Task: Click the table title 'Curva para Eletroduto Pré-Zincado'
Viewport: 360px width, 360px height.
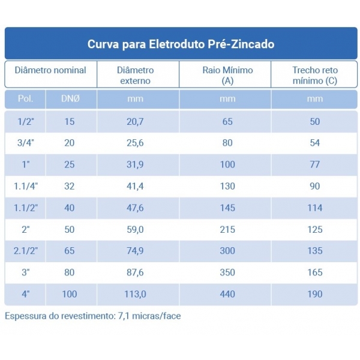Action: click(181, 44)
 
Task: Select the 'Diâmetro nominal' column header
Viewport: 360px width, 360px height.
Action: click(50, 70)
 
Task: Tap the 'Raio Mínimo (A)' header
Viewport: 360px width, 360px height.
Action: click(227, 75)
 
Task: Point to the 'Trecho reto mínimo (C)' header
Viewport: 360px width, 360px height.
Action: click(314, 75)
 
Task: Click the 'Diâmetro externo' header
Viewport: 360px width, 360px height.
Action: click(135, 75)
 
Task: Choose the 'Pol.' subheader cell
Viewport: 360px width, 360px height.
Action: click(26, 99)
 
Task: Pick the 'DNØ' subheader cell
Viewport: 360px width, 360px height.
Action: click(70, 99)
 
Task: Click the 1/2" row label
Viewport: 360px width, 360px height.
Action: click(26, 121)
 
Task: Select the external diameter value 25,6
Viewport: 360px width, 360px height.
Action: click(135, 143)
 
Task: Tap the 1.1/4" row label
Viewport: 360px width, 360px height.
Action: click(26, 186)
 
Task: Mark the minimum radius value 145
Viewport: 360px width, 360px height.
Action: click(227, 208)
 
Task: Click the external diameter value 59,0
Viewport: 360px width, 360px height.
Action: click(135, 229)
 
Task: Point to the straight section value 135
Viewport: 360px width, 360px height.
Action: click(314, 251)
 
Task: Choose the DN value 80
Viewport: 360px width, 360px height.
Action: click(70, 272)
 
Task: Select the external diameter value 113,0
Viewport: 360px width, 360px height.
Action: click(135, 294)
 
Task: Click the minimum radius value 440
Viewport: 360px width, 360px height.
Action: click(227, 294)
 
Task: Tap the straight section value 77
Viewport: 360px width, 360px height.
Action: click(314, 164)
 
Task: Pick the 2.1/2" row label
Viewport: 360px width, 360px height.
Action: click(26, 251)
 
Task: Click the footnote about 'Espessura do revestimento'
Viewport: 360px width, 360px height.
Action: click(92, 316)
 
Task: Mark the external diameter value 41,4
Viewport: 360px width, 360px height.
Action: click(135, 186)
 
